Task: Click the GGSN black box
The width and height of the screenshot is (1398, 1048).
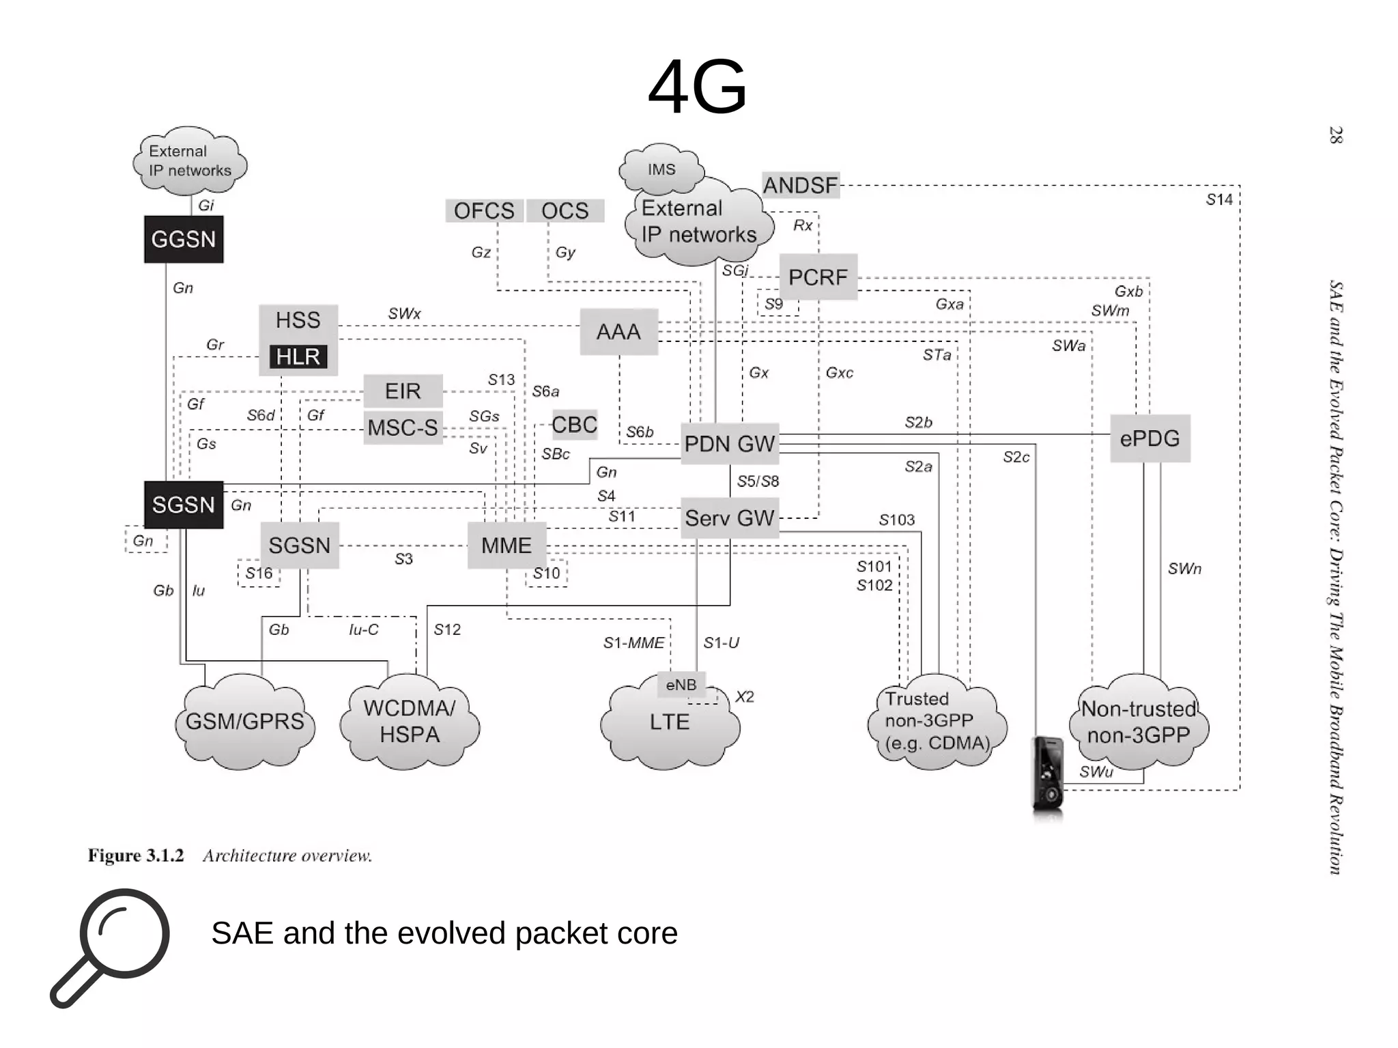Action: pos(184,240)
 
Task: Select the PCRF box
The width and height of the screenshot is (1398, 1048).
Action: pos(818,277)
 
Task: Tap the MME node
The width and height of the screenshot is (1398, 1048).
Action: pos(507,546)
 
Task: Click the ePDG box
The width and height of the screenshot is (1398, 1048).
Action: pos(1150,438)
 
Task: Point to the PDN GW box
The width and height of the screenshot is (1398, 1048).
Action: pos(730,444)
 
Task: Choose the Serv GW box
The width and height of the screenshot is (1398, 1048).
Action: pos(730,518)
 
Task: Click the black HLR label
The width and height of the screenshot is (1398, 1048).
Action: pos(298,356)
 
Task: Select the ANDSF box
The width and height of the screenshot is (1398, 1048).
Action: pos(801,185)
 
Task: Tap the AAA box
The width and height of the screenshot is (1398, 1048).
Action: pos(619,332)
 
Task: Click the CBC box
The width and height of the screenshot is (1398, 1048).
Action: pos(574,425)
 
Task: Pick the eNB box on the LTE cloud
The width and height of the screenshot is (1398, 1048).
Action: pos(681,685)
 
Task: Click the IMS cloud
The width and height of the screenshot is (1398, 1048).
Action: pos(661,169)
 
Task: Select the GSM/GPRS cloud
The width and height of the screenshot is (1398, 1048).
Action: pos(245,722)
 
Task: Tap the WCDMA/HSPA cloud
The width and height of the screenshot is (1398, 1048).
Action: pos(410,722)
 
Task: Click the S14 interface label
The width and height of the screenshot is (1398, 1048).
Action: pos(1219,199)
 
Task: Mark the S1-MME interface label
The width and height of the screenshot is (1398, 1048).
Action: pos(633,642)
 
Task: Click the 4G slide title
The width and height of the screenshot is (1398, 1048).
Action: pos(697,87)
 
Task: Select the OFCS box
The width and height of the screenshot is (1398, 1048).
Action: pos(484,211)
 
